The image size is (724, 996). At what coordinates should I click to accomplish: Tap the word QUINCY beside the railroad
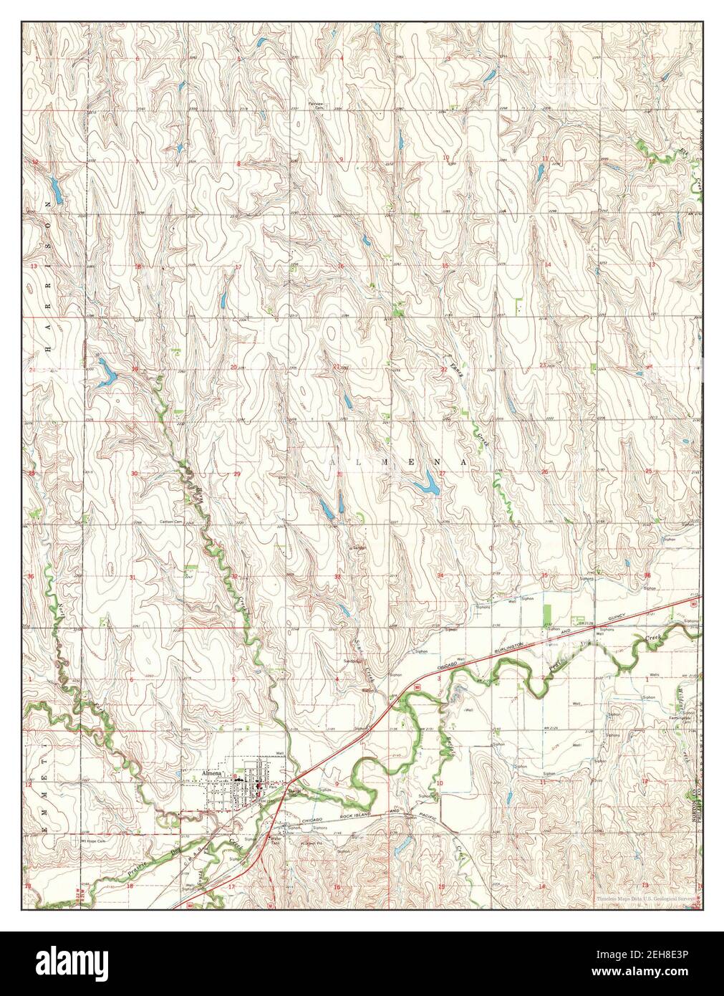tap(614, 617)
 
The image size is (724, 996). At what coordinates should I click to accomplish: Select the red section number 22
tap(443, 370)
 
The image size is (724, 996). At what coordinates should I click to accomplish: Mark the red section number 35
tap(544, 575)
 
